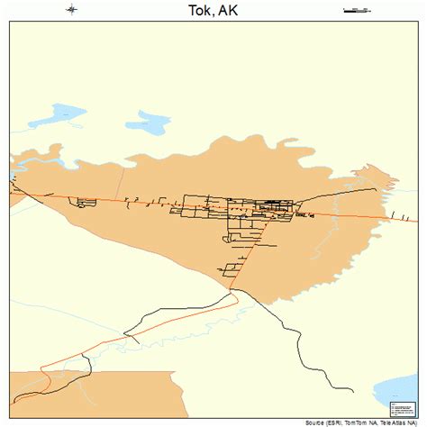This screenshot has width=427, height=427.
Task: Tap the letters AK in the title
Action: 230,10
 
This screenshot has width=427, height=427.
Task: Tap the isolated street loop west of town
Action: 86,203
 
